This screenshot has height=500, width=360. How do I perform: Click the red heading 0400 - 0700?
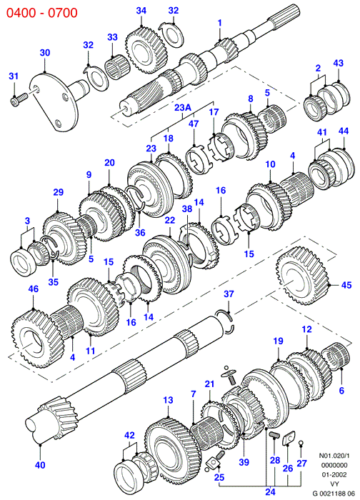(41, 13)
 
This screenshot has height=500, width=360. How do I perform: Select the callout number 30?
(45, 52)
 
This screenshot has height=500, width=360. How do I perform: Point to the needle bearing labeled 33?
(117, 69)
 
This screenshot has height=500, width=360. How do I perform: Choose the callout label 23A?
(183, 107)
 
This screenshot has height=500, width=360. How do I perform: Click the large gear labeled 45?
(302, 275)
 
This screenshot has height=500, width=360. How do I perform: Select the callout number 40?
(40, 466)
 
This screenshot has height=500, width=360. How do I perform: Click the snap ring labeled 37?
(227, 321)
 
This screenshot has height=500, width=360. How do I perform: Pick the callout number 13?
(168, 400)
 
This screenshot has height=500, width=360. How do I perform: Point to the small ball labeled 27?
(301, 442)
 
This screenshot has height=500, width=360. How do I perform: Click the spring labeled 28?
(274, 434)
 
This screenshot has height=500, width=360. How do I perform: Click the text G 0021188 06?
(333, 493)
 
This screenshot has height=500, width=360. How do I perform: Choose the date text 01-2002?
(334, 474)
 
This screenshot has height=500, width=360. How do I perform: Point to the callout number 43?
(339, 63)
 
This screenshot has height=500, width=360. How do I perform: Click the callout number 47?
(194, 124)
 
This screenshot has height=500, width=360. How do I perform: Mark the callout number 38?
(187, 209)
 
